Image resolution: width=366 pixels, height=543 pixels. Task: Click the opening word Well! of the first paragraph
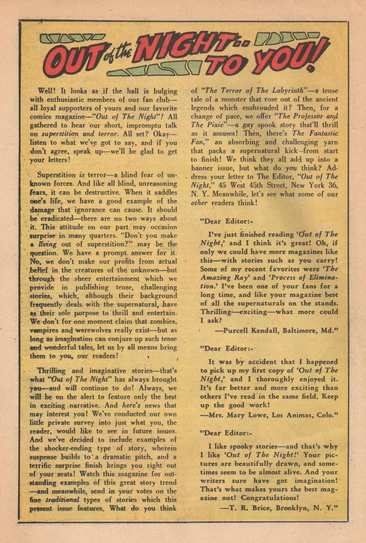(x=47, y=91)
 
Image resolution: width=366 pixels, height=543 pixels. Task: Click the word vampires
(x=45, y=330)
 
